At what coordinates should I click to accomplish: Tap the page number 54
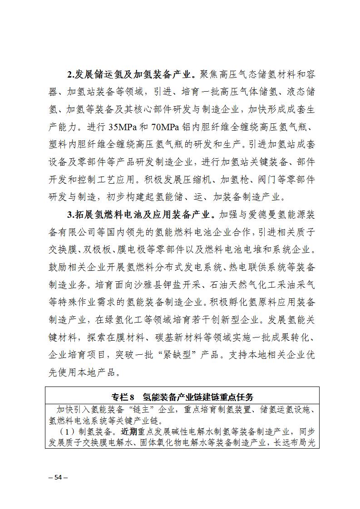point(58,477)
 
